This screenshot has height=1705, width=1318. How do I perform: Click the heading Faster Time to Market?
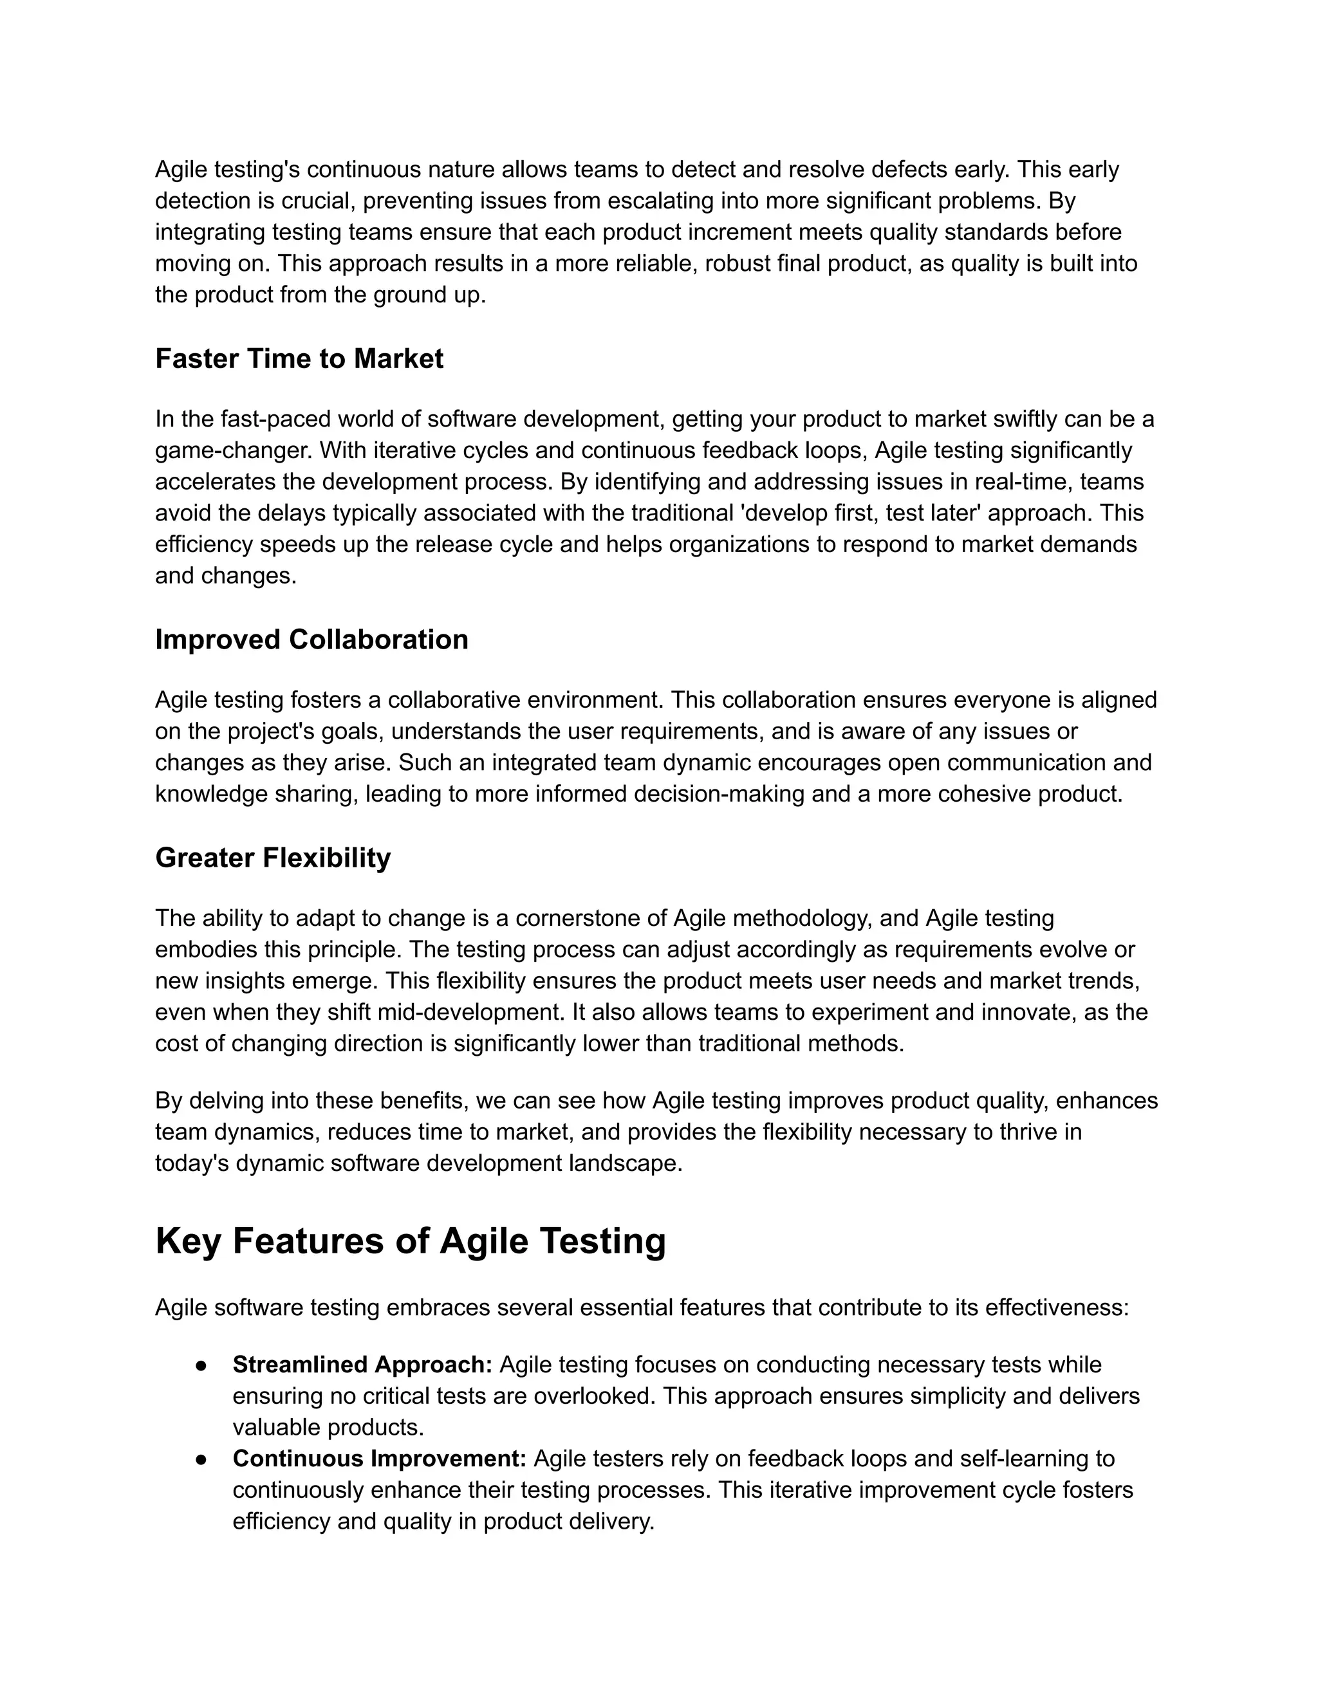[299, 358]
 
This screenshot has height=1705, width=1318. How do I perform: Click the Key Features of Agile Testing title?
[410, 1241]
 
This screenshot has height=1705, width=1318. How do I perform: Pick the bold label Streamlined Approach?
[362, 1365]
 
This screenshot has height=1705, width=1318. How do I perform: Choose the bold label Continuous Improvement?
[380, 1459]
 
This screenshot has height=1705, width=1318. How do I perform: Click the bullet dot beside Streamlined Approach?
[201, 1365]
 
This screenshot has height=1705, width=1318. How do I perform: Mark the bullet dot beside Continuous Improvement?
[201, 1459]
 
